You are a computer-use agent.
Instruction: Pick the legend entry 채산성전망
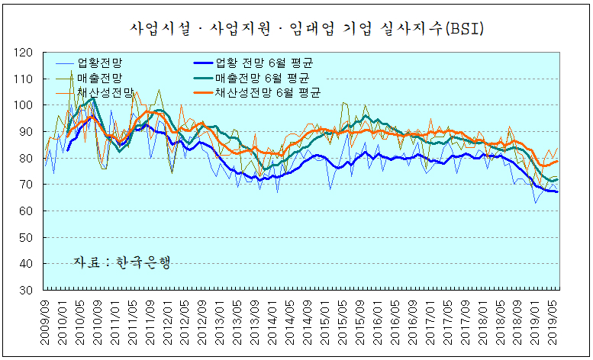point(102,92)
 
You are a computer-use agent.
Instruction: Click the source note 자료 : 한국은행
point(121,262)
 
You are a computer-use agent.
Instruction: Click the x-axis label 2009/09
point(47,320)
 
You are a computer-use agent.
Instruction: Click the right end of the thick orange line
point(558,161)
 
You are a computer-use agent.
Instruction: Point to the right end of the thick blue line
point(558,191)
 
